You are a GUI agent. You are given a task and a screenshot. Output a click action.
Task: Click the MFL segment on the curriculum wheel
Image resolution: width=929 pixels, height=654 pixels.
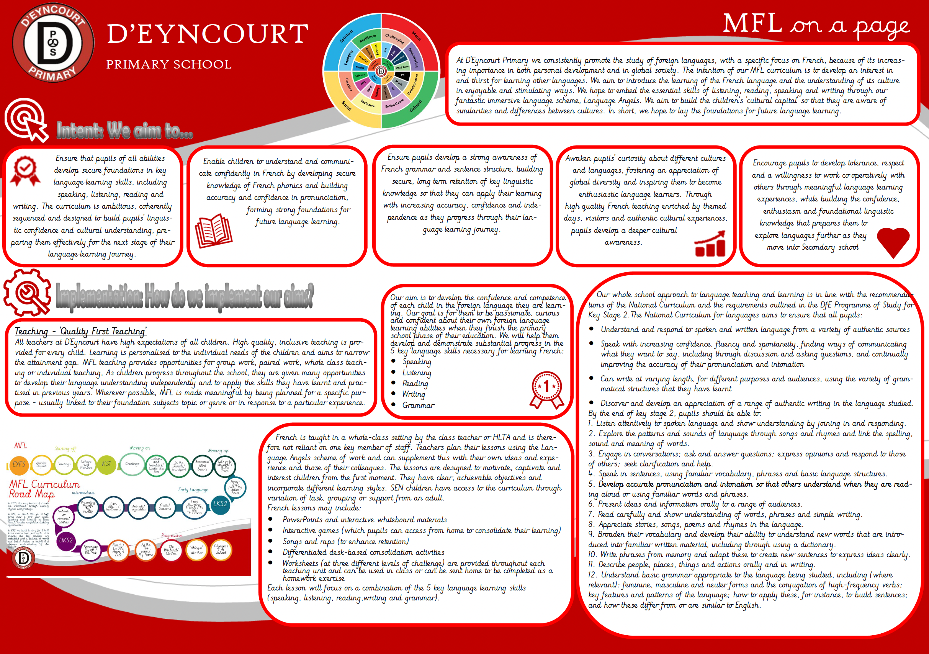(x=363, y=83)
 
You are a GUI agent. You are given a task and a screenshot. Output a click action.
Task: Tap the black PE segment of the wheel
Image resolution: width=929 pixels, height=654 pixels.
(x=402, y=75)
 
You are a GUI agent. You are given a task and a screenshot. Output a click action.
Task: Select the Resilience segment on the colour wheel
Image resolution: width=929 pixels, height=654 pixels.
(x=368, y=38)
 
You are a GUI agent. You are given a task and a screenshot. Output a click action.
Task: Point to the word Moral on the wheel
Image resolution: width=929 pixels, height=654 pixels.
(x=416, y=36)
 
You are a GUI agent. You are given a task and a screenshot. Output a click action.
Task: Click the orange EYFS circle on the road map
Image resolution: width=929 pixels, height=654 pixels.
(x=19, y=464)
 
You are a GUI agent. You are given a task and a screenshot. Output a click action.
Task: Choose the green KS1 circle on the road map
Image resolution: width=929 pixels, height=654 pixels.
(x=106, y=463)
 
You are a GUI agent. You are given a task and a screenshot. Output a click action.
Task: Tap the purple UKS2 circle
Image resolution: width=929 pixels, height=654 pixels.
(x=65, y=540)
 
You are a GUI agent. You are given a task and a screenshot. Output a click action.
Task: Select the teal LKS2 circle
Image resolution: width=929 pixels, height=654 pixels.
(x=220, y=504)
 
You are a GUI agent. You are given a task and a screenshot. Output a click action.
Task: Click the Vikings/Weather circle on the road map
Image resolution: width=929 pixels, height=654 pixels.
(x=196, y=550)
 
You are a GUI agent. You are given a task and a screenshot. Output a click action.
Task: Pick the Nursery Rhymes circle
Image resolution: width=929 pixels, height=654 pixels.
(x=41, y=464)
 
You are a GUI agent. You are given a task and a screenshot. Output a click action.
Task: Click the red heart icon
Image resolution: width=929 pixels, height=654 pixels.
(x=893, y=242)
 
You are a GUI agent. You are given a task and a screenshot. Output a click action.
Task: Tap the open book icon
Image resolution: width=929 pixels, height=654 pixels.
(x=213, y=231)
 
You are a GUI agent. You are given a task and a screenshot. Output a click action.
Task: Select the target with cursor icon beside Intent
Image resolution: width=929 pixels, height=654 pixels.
(x=26, y=120)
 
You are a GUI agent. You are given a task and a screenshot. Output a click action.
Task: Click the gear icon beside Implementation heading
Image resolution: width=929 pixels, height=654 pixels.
(x=27, y=293)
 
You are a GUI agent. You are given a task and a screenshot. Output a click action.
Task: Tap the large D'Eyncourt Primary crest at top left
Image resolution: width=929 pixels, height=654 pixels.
(x=53, y=42)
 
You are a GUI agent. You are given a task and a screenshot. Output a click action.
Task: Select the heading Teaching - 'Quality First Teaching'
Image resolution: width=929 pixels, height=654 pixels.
(x=80, y=331)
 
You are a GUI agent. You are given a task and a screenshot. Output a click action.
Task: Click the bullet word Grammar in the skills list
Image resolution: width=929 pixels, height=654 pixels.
(x=418, y=405)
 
